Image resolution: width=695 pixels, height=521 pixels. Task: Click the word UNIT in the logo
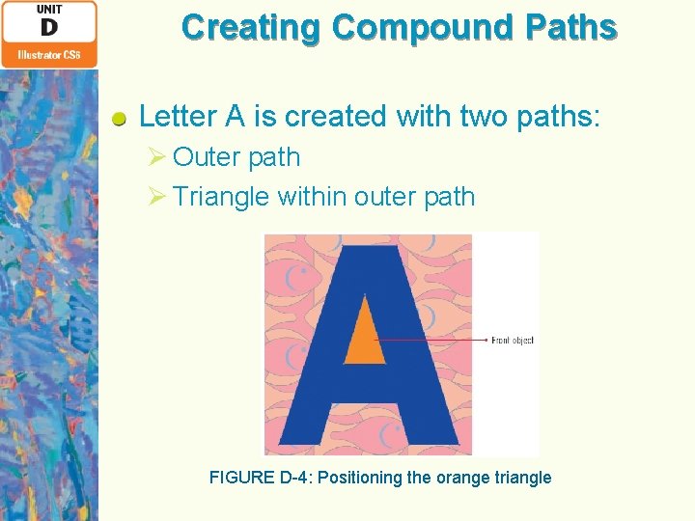pos(49,9)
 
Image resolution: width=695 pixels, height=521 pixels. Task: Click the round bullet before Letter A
pos(119,120)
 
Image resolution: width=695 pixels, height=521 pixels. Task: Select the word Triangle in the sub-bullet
pos(221,197)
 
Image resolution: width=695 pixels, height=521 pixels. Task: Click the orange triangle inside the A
pos(364,338)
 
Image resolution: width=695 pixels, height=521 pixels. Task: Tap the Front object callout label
pos(512,340)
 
